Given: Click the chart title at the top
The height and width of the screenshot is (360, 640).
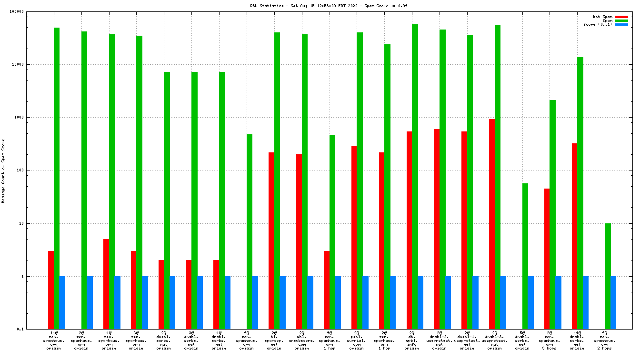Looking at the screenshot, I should coord(322,6).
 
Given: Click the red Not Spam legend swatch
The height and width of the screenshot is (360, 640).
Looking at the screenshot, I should coord(621,17).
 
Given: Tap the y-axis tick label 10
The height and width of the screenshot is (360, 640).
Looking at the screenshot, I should coord(33,223).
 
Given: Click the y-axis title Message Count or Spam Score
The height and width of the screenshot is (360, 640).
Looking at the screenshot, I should coord(3,171).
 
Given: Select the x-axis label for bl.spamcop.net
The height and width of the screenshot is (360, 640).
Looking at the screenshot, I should coord(274,340).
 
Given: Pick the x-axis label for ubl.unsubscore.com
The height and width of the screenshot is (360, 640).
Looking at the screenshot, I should coord(302,340).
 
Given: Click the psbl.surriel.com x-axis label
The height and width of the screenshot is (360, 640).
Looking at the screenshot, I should coord(357,340).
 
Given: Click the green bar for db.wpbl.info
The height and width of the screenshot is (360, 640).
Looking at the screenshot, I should coord(415,176).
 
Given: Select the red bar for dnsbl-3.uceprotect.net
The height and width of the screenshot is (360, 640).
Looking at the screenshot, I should coord(492,224).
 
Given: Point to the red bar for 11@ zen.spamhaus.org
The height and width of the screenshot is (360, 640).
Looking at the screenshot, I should coord(51,290).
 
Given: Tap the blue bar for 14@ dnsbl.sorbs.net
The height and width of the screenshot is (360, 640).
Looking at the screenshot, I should coord(586,302).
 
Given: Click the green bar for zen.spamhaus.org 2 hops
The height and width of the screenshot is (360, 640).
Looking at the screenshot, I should coord(608,276).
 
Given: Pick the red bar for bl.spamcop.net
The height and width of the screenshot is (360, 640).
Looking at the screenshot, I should coord(271,240).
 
